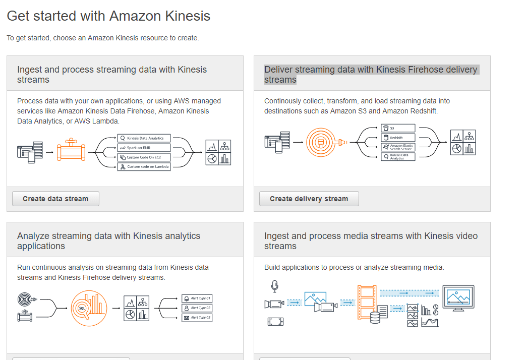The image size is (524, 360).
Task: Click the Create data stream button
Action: coord(55,199)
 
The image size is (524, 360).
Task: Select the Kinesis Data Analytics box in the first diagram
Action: coord(144,138)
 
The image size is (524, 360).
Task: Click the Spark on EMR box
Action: coord(144,147)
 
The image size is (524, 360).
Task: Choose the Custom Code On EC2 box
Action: coord(144,157)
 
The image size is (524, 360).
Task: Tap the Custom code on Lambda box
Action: coord(144,166)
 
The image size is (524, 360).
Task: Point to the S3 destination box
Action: coord(398,128)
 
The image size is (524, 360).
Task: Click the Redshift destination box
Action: coord(398,138)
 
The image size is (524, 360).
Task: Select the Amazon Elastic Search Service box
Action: coord(398,147)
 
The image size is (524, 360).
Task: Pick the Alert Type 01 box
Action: coord(197,298)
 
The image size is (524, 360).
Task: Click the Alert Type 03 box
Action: coord(197,318)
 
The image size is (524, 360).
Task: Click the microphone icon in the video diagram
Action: coord(274,286)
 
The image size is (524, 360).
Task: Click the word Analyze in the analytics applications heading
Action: coord(34,236)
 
